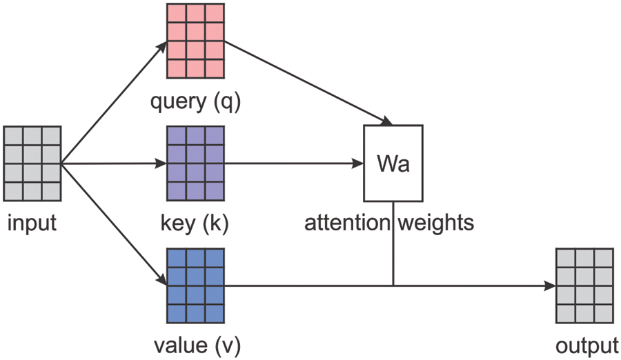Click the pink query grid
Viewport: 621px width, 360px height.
point(196,41)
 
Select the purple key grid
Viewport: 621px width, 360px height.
point(196,163)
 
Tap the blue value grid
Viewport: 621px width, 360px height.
point(196,286)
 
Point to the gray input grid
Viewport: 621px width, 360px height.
point(32,163)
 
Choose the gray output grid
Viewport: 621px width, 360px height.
point(585,286)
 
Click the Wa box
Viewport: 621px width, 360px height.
point(393,163)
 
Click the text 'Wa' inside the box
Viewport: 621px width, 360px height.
point(393,163)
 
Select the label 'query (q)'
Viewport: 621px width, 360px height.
point(196,102)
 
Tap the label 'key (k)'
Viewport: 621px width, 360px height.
point(195,223)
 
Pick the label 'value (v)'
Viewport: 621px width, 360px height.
point(197,346)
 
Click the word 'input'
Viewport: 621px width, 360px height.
point(32,223)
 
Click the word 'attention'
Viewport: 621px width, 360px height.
point(347,223)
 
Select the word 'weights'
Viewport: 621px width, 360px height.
point(436,223)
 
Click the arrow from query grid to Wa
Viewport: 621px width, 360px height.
point(308,83)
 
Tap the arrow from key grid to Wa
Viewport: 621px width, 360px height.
point(294,163)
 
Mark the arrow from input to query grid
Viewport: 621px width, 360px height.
point(114,102)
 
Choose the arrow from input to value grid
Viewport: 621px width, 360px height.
point(114,224)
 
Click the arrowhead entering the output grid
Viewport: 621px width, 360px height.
point(550,286)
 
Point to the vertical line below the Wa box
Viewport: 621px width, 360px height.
point(393,243)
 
